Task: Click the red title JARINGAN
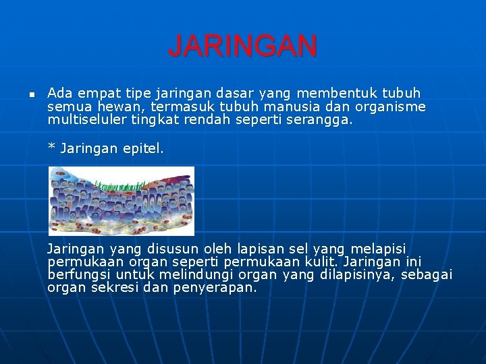pyautogui.click(x=242, y=47)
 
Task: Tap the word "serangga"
pyautogui.click(x=323, y=121)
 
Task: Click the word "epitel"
pyautogui.click(x=143, y=148)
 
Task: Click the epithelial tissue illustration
pyautogui.click(x=122, y=200)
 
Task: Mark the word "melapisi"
pyautogui.click(x=378, y=249)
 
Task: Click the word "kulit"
pyautogui.click(x=323, y=262)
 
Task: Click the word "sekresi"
pyautogui.click(x=111, y=288)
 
